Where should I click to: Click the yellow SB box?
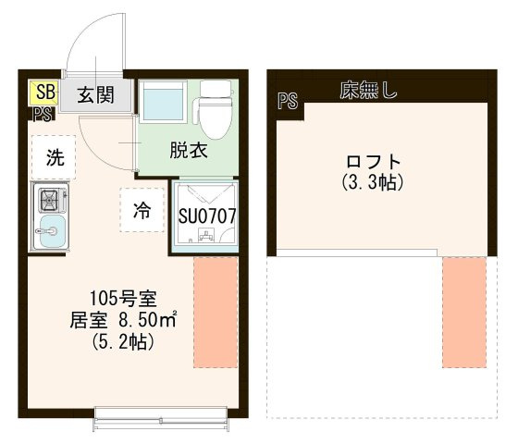tap(44, 92)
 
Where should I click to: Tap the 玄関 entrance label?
tap(96, 95)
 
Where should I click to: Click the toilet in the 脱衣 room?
tap(214, 109)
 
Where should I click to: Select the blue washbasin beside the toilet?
tap(163, 102)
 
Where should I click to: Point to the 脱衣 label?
tap(189, 150)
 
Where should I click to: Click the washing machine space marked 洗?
tap(55, 157)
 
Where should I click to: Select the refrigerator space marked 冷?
tap(142, 210)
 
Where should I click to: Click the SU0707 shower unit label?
tap(207, 216)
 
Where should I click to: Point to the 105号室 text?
tap(123, 298)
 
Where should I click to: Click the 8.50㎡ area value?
tap(147, 320)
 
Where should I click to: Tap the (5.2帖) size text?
tap(123, 341)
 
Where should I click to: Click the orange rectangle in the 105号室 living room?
tap(216, 313)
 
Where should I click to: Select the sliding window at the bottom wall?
tap(161, 419)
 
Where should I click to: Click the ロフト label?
tap(373, 162)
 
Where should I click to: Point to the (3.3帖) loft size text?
tap(373, 182)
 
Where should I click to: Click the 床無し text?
tap(368, 90)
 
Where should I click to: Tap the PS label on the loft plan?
tap(288, 101)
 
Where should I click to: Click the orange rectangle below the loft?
tap(464, 313)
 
